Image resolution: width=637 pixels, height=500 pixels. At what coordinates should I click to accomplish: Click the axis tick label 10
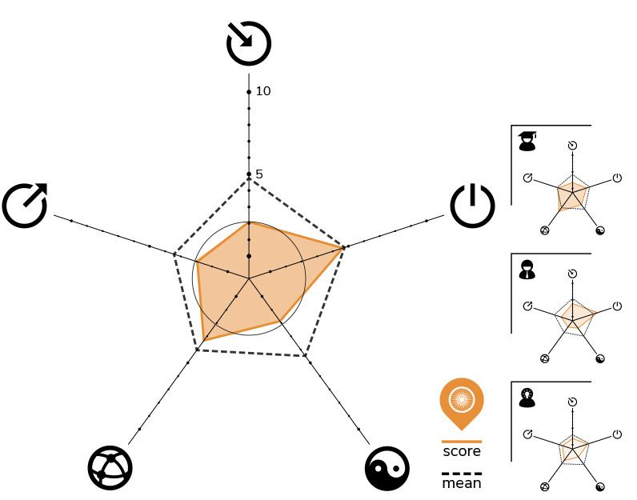click(263, 91)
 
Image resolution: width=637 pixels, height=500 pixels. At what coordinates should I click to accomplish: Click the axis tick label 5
click(259, 174)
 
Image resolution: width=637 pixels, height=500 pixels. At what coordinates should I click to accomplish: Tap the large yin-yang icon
click(387, 468)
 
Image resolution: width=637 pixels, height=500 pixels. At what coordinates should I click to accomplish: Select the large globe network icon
click(110, 468)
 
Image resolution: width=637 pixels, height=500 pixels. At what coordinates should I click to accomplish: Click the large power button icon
click(472, 206)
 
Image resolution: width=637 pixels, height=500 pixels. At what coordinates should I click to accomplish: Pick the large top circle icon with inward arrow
click(249, 43)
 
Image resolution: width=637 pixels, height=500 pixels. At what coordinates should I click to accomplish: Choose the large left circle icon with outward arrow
click(25, 205)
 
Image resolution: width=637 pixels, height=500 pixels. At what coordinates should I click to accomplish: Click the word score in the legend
click(462, 451)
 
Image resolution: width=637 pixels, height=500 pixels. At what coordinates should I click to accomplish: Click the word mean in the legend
click(462, 483)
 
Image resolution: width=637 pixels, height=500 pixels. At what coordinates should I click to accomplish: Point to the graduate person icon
click(527, 141)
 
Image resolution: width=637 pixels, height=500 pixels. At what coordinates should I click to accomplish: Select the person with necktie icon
click(527, 270)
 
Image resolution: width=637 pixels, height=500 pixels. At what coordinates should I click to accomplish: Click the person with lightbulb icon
click(527, 398)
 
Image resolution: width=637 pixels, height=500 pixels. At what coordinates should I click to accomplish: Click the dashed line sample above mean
click(462, 474)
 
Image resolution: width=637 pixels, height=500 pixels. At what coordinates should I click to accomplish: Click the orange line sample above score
click(462, 442)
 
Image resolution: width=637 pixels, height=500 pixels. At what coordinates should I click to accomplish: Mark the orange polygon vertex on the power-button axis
click(343, 247)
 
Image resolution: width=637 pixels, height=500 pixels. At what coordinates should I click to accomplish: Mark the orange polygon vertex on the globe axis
click(203, 340)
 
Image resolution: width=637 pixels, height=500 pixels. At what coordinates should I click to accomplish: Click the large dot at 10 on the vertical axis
click(249, 92)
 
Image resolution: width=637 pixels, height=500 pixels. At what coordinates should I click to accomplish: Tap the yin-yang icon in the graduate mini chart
click(600, 230)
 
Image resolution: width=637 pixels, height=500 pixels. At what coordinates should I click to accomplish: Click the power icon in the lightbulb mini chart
click(617, 434)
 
